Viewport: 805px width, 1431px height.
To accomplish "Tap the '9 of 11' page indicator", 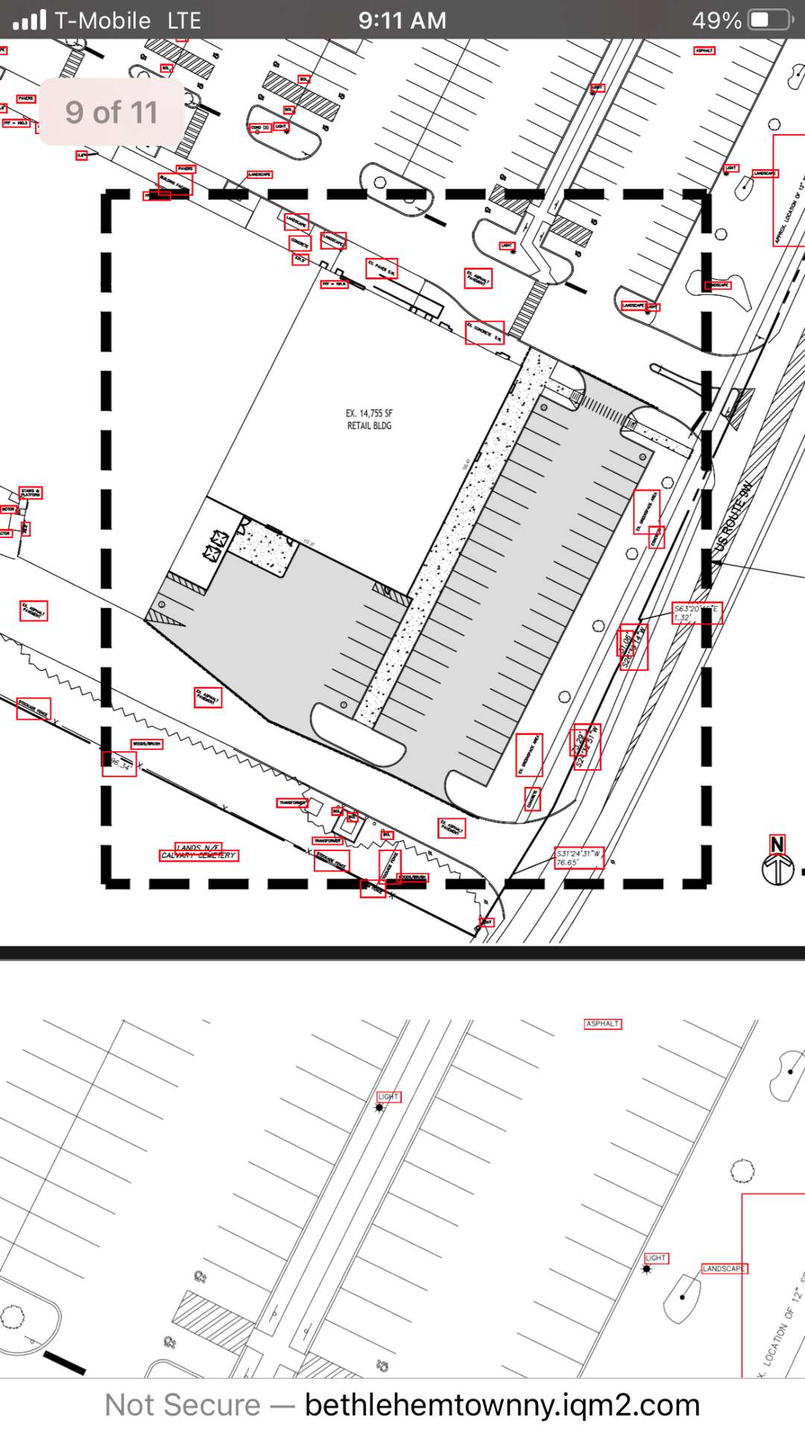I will [x=112, y=113].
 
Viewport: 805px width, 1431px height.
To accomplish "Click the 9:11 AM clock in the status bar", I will [x=402, y=20].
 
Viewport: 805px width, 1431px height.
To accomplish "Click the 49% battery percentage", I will [x=716, y=20].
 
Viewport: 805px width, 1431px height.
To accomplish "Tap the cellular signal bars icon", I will [x=30, y=20].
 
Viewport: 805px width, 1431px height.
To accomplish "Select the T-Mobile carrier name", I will [x=103, y=20].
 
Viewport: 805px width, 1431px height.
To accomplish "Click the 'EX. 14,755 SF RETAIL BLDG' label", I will [x=369, y=419].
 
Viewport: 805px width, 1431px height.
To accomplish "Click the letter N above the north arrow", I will [x=777, y=844].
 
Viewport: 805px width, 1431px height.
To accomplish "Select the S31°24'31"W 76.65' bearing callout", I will [x=579, y=858].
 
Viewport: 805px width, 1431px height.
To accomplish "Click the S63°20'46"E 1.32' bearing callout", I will [x=696, y=613].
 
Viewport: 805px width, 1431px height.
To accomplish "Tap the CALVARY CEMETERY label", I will [x=199, y=855].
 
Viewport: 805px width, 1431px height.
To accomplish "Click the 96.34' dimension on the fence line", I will [x=119, y=764].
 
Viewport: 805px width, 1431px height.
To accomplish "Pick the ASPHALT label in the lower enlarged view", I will [x=602, y=1024].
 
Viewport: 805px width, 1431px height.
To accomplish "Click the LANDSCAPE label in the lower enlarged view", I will [x=723, y=1269].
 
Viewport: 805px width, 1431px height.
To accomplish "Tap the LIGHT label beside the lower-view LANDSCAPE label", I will [x=656, y=1258].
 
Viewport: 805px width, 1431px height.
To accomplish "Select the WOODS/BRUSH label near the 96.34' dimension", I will [x=147, y=744].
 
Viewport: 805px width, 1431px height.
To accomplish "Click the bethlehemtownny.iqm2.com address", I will [x=502, y=1405].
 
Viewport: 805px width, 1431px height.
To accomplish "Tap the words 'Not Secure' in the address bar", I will [x=183, y=1405].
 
